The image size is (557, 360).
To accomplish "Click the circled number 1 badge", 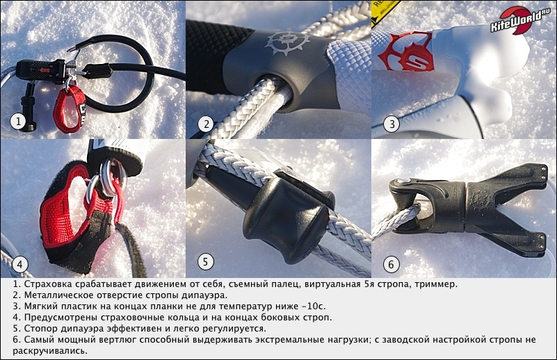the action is click(18, 122).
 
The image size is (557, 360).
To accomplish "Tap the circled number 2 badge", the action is click(206, 124).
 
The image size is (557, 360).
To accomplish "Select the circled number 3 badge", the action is click(391, 124).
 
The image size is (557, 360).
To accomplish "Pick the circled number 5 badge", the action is click(205, 262).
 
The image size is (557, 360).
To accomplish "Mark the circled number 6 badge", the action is click(391, 264).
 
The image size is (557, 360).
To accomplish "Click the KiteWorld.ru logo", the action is click(519, 20).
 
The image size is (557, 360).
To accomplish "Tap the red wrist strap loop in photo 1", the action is click(70, 108).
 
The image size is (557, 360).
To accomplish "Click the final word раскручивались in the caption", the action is click(50, 351).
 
